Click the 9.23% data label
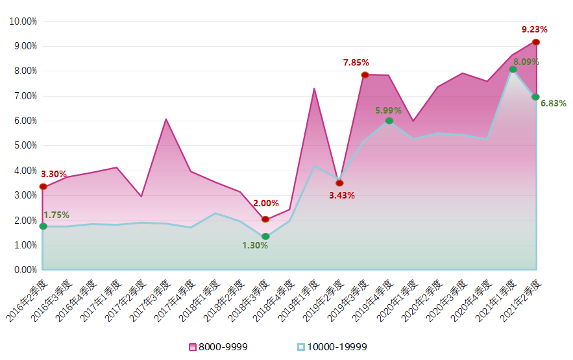click(x=535, y=29)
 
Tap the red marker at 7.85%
click(x=365, y=75)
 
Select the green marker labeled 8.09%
click(x=513, y=69)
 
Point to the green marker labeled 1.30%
click(x=265, y=237)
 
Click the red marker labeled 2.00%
click(x=265, y=219)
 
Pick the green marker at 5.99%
click(x=389, y=121)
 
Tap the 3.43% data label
click(x=341, y=195)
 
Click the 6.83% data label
click(x=553, y=103)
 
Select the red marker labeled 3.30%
click(x=43, y=187)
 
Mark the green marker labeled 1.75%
click(x=43, y=226)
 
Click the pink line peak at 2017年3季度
click(x=166, y=119)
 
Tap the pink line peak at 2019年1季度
click(x=314, y=89)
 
